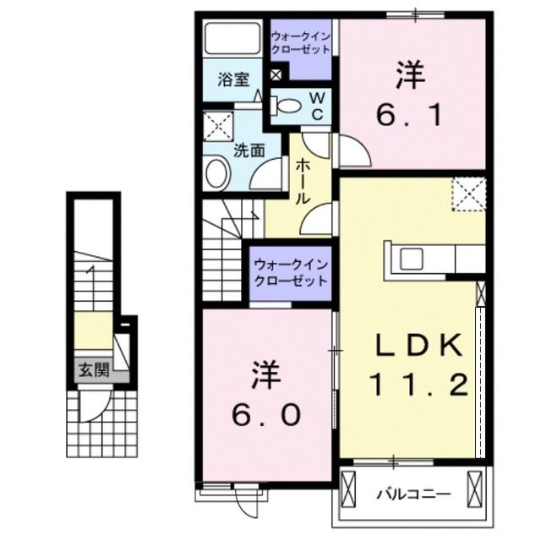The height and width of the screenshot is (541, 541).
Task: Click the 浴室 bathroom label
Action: [232, 80]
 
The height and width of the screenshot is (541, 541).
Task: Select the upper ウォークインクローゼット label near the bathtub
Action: [300, 42]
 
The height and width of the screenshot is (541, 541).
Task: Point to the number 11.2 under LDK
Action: [418, 386]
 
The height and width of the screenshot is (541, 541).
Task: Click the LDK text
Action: [418, 347]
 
